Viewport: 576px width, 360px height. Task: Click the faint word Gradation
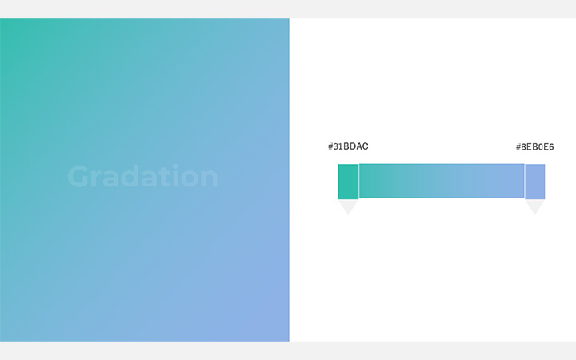[x=142, y=176]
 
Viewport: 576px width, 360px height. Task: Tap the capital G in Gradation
[x=78, y=177]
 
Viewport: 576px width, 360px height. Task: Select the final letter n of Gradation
[x=210, y=179]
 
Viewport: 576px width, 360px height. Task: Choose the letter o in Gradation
[x=189, y=179]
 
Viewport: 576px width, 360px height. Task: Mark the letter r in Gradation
[x=96, y=179]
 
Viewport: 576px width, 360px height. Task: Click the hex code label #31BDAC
[x=348, y=146]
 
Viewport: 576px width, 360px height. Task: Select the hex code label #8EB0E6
[x=534, y=147]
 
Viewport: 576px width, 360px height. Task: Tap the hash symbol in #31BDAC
[x=330, y=146]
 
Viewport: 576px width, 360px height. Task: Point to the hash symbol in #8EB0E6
[x=518, y=147]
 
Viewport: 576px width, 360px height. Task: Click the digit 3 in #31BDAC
[x=336, y=146]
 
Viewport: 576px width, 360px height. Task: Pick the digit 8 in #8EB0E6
[x=524, y=147]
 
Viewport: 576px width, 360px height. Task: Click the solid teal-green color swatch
[x=348, y=182]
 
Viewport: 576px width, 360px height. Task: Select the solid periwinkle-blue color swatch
[x=535, y=182]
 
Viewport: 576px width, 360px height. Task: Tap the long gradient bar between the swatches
[x=442, y=181]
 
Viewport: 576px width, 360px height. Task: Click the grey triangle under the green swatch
[x=348, y=206]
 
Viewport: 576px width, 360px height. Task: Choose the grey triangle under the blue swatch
[x=535, y=206]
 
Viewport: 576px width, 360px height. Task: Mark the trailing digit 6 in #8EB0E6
[x=551, y=147]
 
